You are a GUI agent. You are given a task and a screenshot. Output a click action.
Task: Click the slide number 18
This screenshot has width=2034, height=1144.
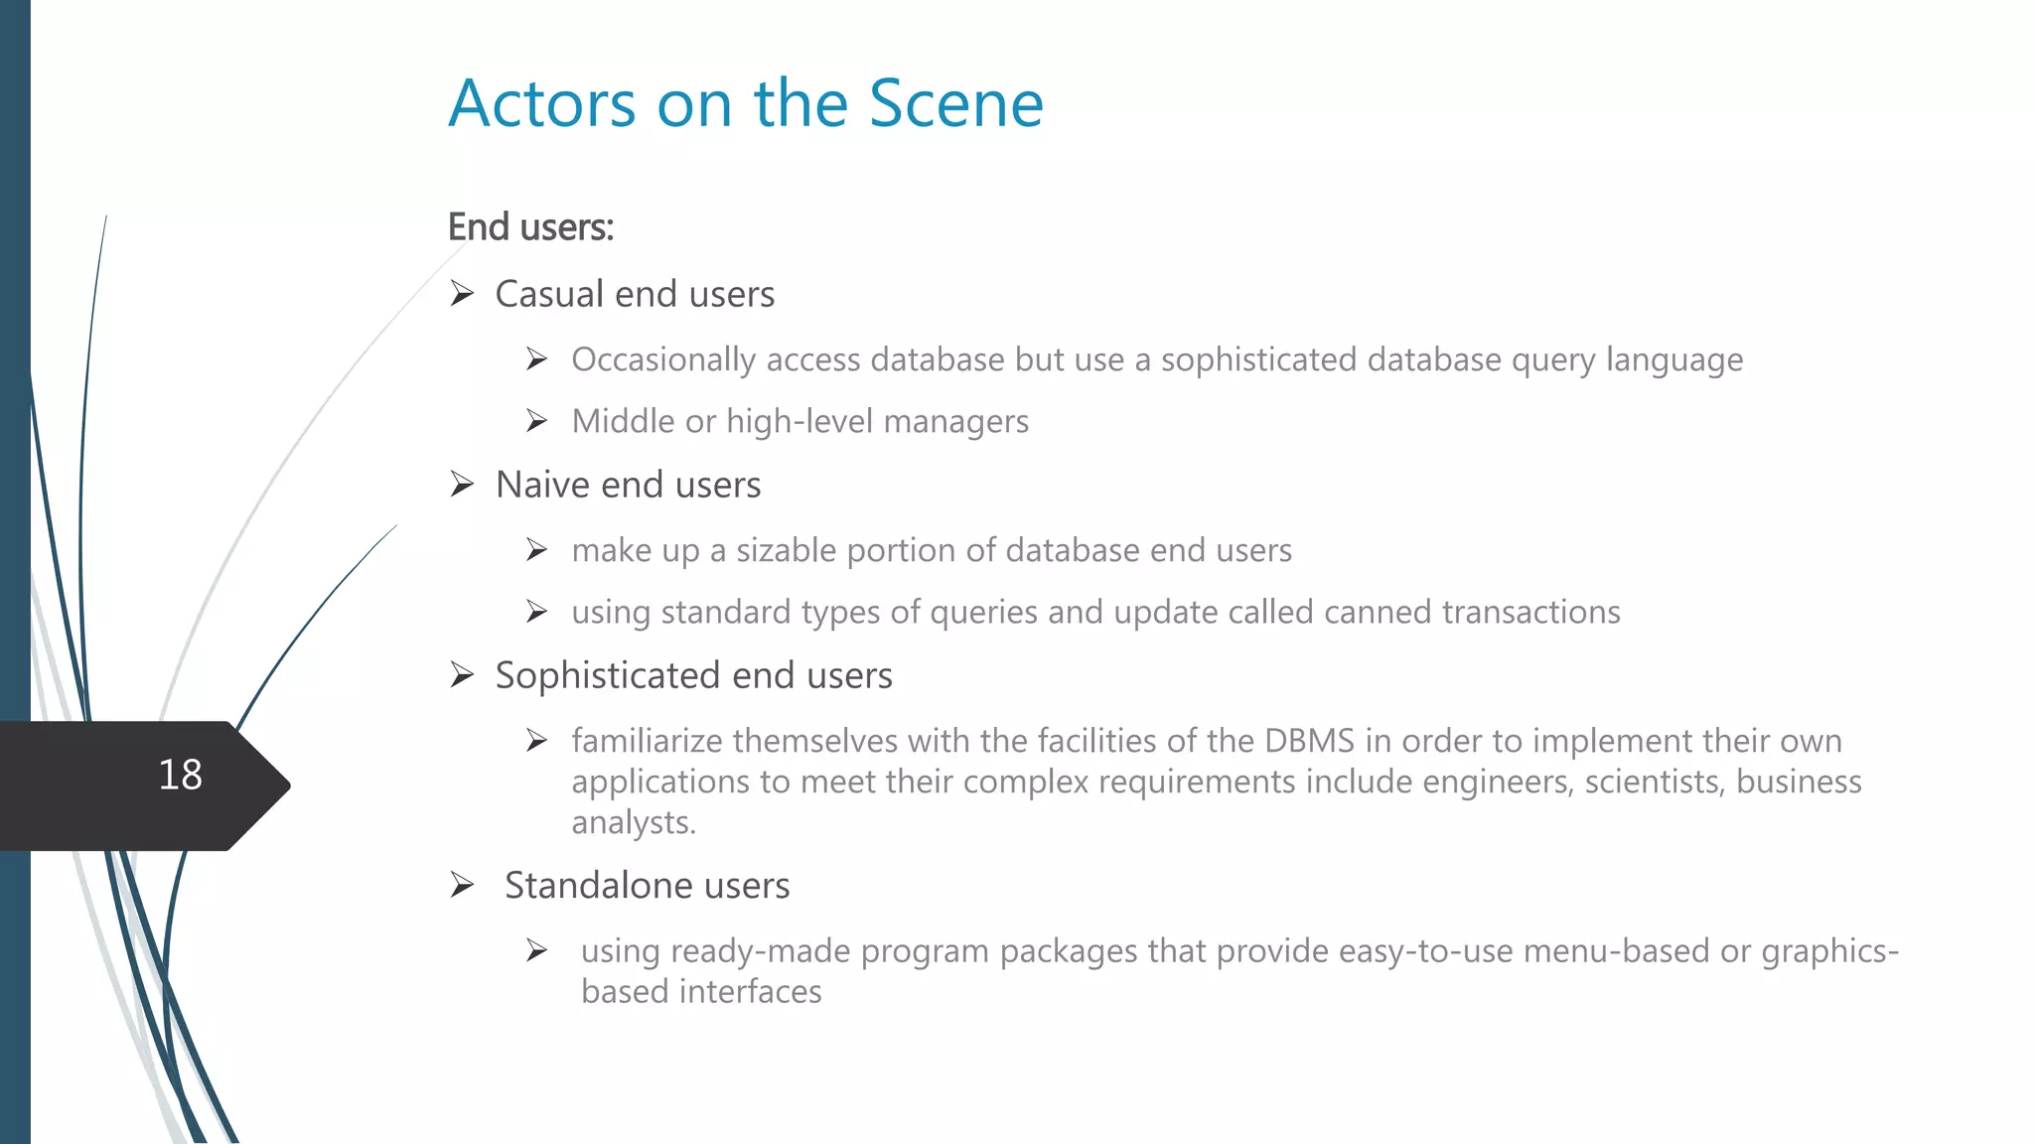180,775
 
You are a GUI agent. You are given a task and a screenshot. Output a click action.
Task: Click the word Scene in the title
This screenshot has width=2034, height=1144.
955,103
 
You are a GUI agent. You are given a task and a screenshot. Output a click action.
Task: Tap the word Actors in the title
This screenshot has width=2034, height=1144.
541,103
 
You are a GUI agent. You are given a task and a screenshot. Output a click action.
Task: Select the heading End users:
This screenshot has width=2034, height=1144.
530,227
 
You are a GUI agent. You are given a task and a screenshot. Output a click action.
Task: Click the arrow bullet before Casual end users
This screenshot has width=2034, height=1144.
462,294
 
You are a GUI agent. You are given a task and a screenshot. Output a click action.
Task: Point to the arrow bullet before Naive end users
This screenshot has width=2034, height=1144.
462,485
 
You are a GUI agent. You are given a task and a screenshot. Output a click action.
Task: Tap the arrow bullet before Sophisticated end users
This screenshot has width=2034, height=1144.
462,675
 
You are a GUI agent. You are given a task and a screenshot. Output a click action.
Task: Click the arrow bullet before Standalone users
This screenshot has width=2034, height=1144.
462,885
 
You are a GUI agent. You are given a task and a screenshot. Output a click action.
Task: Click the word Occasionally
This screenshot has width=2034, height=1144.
663,359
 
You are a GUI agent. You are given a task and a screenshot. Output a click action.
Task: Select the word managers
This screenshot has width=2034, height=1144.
955,422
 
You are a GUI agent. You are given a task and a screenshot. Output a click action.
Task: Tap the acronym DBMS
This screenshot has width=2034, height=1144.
1309,741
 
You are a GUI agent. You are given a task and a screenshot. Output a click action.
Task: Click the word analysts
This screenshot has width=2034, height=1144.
633,822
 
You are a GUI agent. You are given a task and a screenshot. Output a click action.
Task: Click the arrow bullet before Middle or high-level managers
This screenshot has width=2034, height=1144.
537,422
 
